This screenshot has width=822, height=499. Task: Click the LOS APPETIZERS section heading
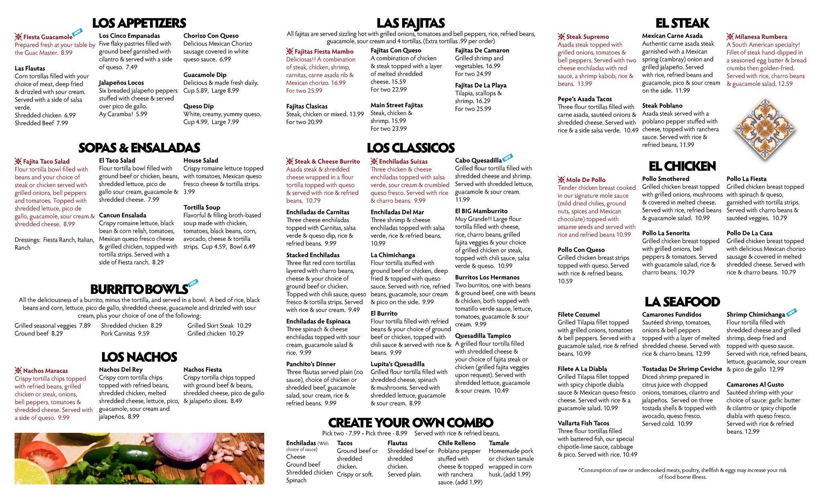point(139,22)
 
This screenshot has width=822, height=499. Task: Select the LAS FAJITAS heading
point(411,22)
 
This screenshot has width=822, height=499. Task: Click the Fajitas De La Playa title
point(480,86)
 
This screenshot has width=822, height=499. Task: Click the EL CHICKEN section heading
point(682,166)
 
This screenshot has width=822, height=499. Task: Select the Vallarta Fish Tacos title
point(583,423)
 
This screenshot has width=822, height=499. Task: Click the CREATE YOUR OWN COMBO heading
point(411,422)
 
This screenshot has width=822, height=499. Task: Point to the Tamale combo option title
point(498,443)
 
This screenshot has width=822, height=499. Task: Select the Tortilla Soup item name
point(201,208)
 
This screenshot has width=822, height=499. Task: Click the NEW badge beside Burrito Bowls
point(193,283)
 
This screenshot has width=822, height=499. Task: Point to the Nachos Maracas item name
point(45,371)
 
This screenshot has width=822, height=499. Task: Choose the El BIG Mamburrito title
point(481,211)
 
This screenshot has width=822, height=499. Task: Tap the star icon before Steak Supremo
point(561,37)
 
